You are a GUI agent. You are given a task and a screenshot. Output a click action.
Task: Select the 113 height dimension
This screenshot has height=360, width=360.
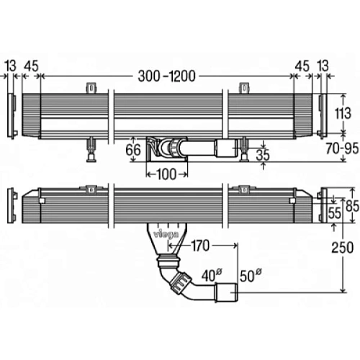[x=343, y=113]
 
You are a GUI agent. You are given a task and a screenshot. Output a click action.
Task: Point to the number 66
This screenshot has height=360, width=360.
[x=133, y=150]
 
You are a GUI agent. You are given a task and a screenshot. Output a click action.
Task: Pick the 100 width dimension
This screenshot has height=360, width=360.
[x=166, y=174]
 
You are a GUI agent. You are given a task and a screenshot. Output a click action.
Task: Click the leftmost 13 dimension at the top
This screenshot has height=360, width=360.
[x=10, y=66]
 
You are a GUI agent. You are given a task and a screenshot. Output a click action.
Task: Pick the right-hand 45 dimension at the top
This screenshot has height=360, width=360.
[x=302, y=66]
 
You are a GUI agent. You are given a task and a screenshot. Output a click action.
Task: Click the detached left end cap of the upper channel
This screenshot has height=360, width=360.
[x=11, y=115]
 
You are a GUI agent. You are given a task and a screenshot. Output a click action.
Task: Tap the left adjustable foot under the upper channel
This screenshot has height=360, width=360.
[x=91, y=149]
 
